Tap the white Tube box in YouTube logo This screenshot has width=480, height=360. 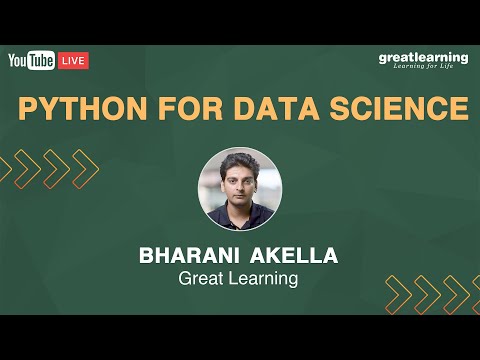click(x=41, y=61)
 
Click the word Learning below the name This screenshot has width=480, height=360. click(x=264, y=279)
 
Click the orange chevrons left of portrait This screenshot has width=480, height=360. click(x=56, y=169)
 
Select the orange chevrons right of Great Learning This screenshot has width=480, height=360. click(x=426, y=293)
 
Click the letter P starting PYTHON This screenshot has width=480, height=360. click(x=28, y=109)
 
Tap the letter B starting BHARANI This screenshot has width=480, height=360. click(x=148, y=255)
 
